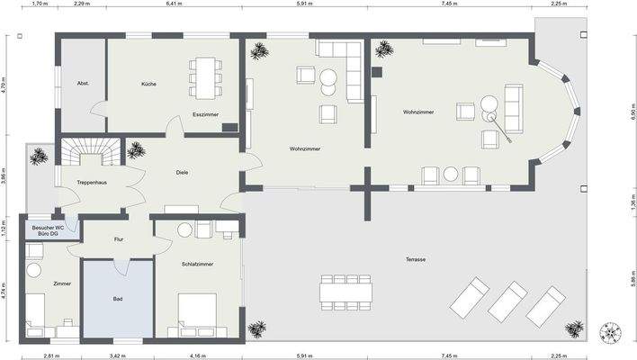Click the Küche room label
tap(148, 84)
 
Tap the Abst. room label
tap(83, 84)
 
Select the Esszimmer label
tap(205, 114)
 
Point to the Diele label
tap(182, 173)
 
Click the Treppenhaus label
tap(92, 183)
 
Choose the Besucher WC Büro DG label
tap(48, 230)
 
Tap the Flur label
tap(119, 239)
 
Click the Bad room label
tap(118, 299)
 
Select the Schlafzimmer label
tap(197, 264)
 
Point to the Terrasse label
tap(416, 259)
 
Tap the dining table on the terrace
tap(345, 292)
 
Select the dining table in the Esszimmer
tap(205, 78)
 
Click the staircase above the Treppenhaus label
tap(91, 151)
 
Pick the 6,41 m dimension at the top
tap(174, 4)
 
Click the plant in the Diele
tap(136, 150)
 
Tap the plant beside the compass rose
tap(574, 328)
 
